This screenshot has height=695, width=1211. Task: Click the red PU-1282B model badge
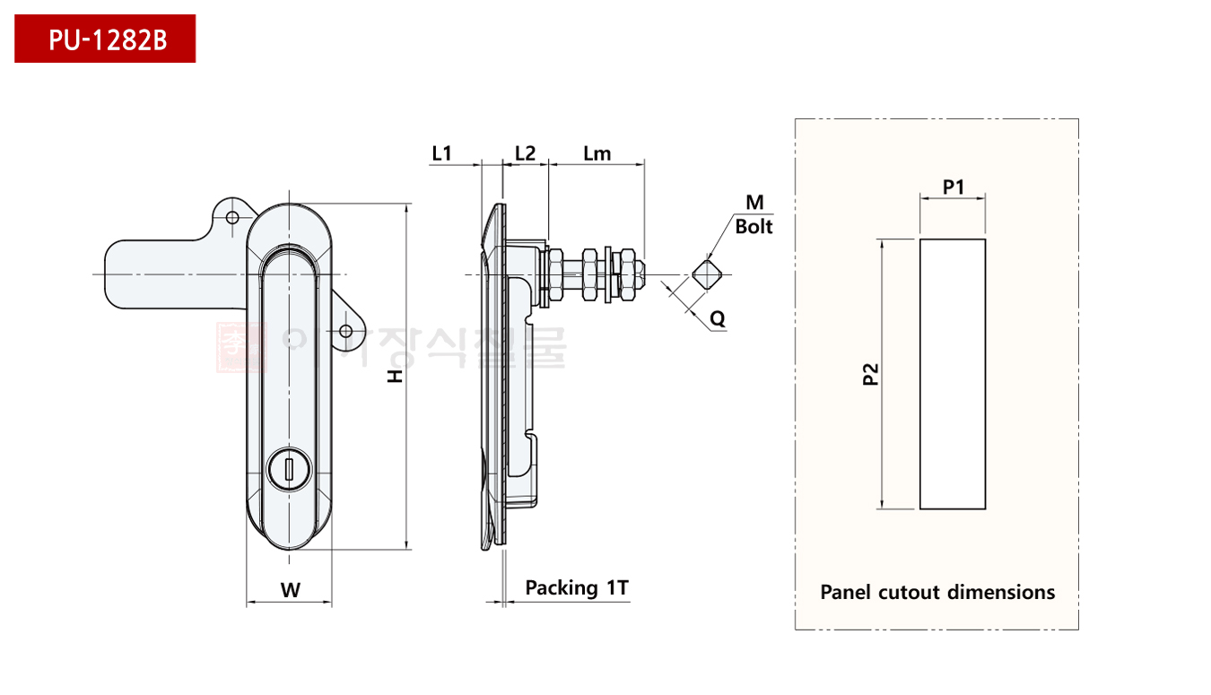click(105, 39)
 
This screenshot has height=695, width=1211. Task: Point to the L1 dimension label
click(441, 153)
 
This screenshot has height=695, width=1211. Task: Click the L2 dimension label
click(525, 153)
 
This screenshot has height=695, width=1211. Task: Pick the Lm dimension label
click(597, 153)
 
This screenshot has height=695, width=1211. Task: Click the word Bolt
click(754, 227)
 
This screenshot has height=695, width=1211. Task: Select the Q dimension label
click(718, 317)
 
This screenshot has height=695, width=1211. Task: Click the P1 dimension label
click(953, 187)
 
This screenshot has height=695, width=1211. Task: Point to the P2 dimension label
click(869, 374)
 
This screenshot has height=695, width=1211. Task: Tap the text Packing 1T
click(577, 588)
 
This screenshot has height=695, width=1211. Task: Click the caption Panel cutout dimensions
click(937, 592)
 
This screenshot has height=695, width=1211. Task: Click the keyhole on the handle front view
click(289, 468)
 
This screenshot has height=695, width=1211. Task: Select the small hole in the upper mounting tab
click(232, 218)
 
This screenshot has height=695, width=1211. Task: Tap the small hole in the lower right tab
click(345, 331)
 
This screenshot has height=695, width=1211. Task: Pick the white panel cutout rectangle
click(953, 374)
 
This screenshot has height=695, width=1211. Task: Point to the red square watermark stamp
click(240, 346)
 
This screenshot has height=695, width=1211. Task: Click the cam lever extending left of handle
click(152, 273)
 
